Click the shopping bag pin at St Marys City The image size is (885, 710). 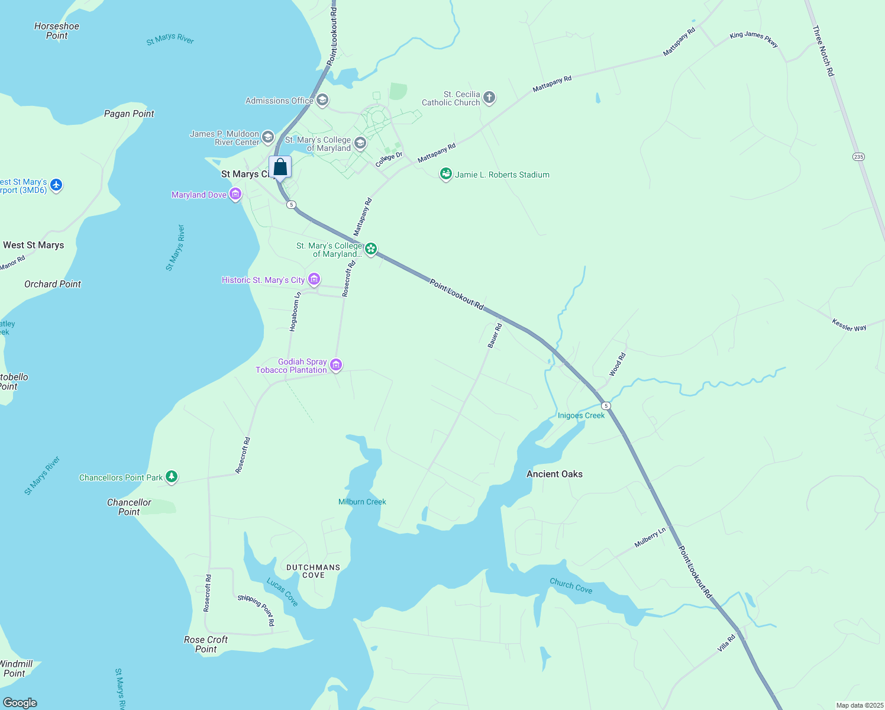[280, 167]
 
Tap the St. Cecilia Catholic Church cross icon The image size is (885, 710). [489, 98]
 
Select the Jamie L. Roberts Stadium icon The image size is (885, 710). [445, 175]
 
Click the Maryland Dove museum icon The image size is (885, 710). [235, 195]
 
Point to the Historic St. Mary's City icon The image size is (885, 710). [314, 280]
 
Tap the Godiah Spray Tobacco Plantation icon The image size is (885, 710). [336, 365]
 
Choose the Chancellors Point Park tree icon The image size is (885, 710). [172, 477]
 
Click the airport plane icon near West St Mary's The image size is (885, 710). [56, 185]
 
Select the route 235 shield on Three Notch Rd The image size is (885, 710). [858, 157]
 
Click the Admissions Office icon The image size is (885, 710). [322, 100]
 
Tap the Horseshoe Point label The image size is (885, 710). [57, 31]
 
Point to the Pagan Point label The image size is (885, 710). [129, 114]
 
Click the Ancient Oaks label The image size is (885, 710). [554, 474]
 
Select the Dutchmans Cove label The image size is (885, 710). [313, 571]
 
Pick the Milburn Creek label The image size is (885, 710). [362, 502]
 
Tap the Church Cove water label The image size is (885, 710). [571, 586]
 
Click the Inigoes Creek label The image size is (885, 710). [581, 415]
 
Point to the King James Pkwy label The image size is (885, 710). [754, 39]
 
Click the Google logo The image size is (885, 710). [20, 703]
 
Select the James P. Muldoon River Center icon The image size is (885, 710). [268, 138]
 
